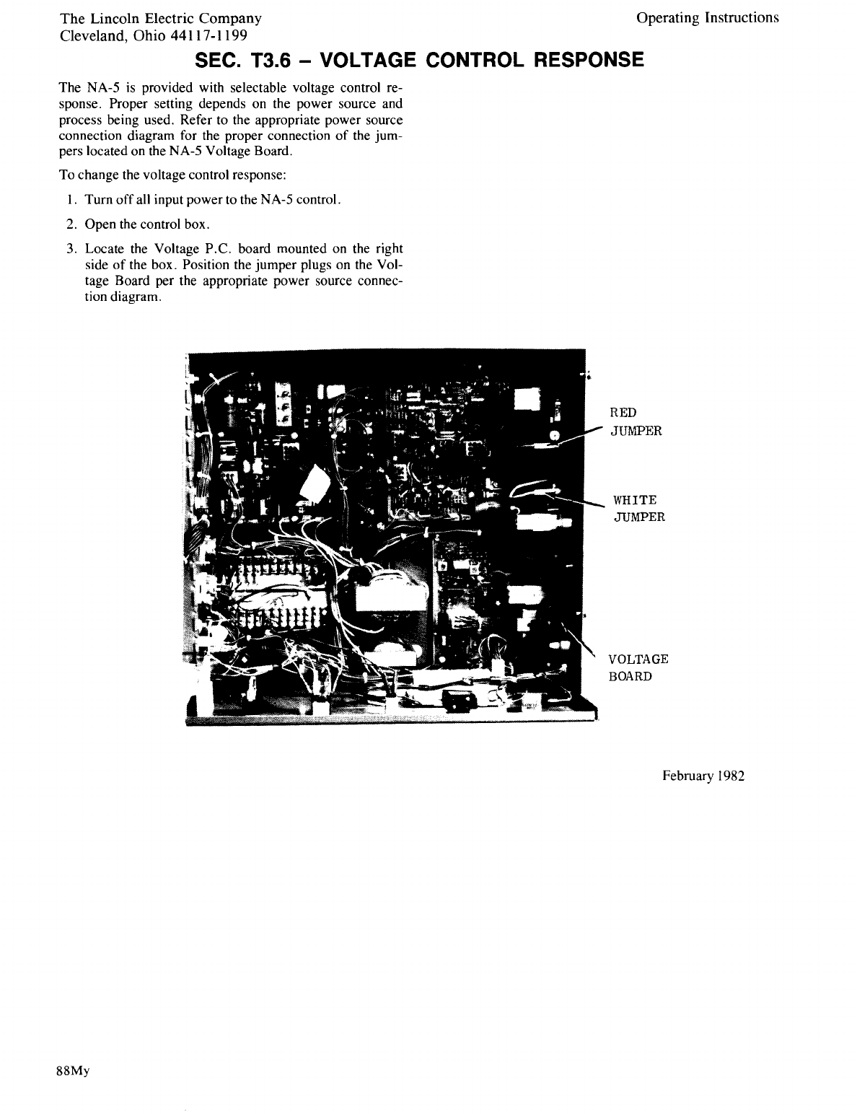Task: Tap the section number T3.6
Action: pyautogui.click(x=258, y=60)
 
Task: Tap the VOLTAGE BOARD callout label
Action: pyautogui.click(x=638, y=667)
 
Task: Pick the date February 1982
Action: pyautogui.click(x=703, y=776)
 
